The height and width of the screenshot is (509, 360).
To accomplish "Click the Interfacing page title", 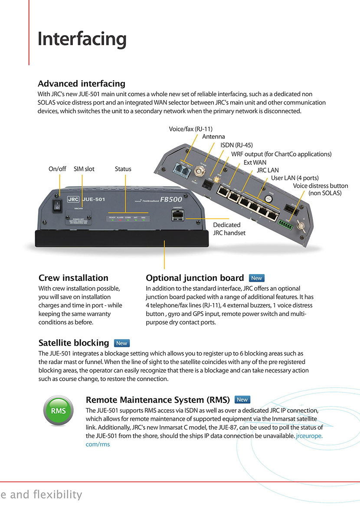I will pos(82,39).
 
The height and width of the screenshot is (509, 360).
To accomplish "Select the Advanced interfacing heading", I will pos(82,84).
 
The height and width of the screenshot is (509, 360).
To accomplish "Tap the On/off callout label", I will pos(57,169).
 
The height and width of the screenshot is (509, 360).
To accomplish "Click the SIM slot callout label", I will pos(84,169).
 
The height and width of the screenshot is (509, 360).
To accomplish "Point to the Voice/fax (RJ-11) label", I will pos(190,129).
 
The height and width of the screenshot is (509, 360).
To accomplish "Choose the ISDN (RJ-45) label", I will pos(236,145).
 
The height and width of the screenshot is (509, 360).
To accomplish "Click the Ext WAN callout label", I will pos(255,162).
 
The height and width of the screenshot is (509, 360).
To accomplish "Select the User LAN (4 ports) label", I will pos(295,178).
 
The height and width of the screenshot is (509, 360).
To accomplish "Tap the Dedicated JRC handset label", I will pos(229,229).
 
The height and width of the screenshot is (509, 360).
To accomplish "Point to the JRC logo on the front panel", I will pos(73,200).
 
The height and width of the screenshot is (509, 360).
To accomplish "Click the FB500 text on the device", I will pos(171,200).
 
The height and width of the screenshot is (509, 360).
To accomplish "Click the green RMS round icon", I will pos(58,411).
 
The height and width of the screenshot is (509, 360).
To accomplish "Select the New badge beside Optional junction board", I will pos(257,278).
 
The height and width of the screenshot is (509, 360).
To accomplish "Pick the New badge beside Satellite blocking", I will pos(122,343).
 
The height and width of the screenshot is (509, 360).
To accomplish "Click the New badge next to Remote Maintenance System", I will pos(242,400).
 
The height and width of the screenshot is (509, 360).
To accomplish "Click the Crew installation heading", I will pos(73,278).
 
